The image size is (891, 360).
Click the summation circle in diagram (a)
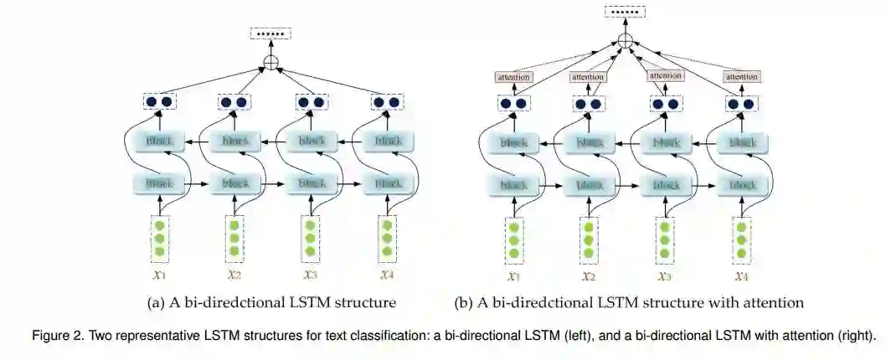[x=270, y=62]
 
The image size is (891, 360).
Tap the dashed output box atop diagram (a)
[x=270, y=34]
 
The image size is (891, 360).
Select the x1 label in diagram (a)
[x=159, y=273]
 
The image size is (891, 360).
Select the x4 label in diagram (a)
[x=387, y=273]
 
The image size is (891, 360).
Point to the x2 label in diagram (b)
[x=589, y=275]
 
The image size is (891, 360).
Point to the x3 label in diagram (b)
[x=665, y=275]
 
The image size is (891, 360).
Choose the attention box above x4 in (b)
[x=742, y=78]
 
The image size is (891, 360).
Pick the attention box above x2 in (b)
[x=588, y=78]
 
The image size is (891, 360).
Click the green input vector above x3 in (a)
[x=311, y=238]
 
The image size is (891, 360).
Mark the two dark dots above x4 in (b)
[x=741, y=104]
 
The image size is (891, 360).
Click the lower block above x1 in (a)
[x=159, y=182]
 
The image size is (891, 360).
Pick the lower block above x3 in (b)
[x=666, y=184]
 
